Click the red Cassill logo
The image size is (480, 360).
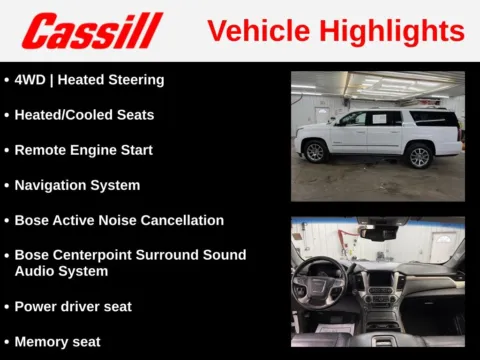click(x=92, y=31)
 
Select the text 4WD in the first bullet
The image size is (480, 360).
click(x=31, y=79)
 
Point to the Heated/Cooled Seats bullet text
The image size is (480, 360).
click(x=84, y=115)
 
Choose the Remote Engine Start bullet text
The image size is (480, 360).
click(x=84, y=150)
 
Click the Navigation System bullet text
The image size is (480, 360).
click(x=77, y=185)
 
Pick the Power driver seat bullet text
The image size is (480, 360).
click(x=73, y=306)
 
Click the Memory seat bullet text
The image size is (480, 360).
click(x=57, y=341)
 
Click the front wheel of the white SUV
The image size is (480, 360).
click(x=316, y=152)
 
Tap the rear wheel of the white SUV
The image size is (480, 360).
click(x=419, y=155)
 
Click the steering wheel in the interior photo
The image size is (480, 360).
click(x=320, y=285)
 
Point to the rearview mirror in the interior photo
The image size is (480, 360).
click(x=379, y=233)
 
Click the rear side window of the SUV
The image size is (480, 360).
click(x=434, y=119)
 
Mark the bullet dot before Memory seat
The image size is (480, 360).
click(x=7, y=342)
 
